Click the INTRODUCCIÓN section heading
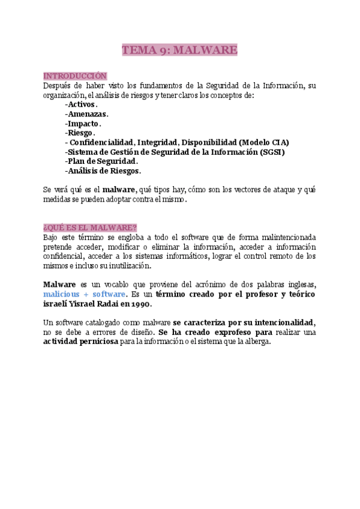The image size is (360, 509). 75,76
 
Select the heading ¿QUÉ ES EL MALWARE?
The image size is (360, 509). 90,227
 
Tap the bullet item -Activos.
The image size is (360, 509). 81,104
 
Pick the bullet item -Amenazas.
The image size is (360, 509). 87,113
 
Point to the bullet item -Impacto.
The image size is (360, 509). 83,123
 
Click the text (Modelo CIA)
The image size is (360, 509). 263,142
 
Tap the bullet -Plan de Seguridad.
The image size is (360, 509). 101,161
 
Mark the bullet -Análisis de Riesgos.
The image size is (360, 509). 103,171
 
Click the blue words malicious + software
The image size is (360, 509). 85,294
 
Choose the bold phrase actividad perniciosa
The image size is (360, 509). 80,342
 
